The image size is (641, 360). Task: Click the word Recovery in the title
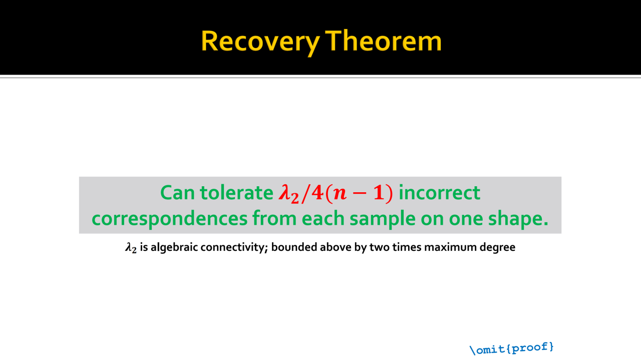(260, 42)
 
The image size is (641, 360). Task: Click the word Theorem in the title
(384, 41)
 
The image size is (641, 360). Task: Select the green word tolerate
(237, 192)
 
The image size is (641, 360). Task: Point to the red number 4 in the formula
(317, 193)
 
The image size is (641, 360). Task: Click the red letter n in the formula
(340, 194)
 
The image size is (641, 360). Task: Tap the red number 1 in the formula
(379, 193)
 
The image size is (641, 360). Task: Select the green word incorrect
(440, 192)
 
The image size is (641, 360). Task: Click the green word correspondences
(169, 219)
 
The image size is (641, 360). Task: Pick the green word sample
(383, 219)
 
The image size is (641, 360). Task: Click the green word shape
(518, 219)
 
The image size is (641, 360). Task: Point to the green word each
(323, 218)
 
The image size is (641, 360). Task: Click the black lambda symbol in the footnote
(131, 247)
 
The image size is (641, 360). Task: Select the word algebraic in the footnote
(174, 247)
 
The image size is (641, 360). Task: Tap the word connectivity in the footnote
(234, 247)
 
